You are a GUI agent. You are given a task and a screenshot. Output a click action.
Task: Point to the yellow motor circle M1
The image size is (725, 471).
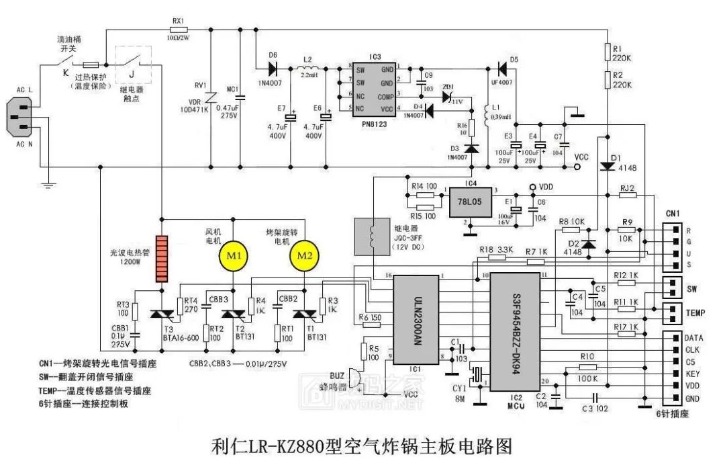coord(232,255)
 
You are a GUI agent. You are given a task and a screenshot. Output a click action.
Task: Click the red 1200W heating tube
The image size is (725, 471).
coord(161,258)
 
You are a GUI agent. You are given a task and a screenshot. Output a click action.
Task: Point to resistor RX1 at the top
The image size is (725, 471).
coord(178,30)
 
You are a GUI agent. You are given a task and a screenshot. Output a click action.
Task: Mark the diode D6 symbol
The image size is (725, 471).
coord(273,68)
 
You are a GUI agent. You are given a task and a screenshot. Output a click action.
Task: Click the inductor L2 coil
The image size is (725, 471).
coord(309,68)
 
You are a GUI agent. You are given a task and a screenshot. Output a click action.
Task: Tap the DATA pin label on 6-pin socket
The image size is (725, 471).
coord(693,337)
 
